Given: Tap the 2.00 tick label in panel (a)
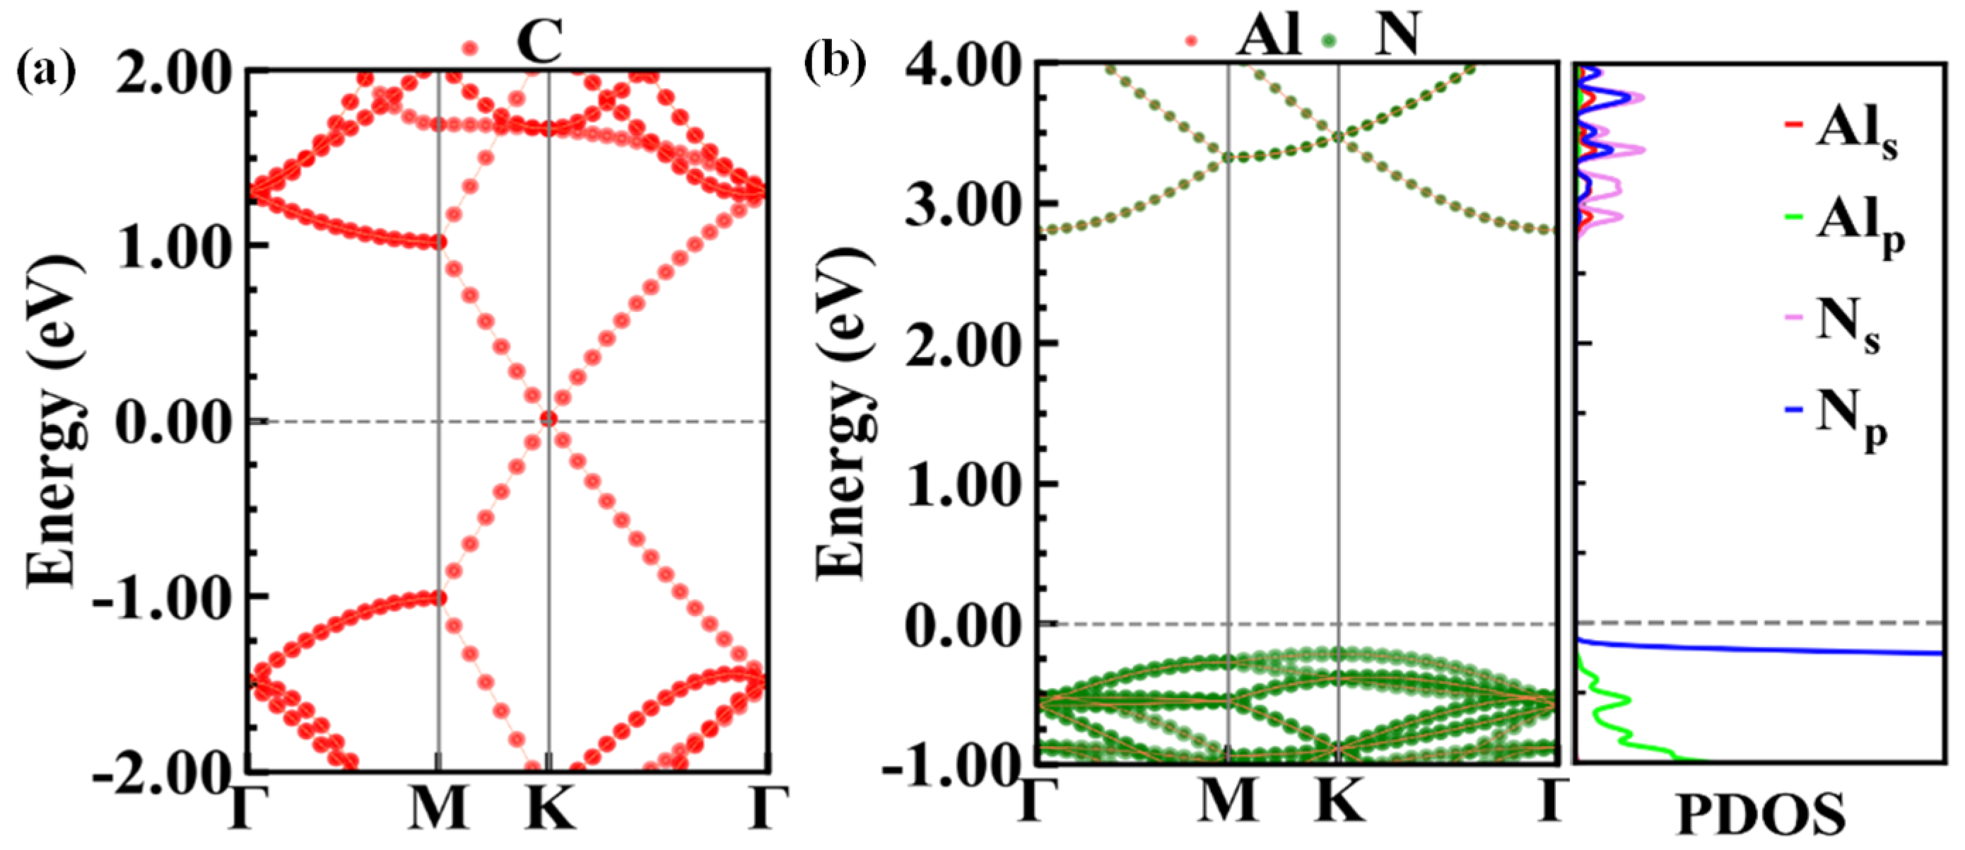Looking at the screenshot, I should click(x=174, y=75).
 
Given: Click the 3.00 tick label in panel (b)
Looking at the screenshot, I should click(x=963, y=204).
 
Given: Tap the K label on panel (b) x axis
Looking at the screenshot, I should click(x=1339, y=800).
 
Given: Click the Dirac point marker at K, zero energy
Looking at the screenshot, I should click(x=548, y=419).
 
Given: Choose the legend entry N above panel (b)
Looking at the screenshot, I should click(x=1396, y=37).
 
